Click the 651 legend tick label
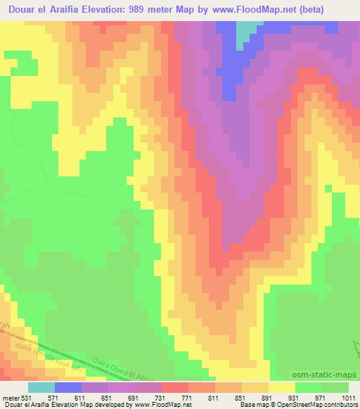tap(109, 397)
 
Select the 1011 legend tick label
tap(349, 397)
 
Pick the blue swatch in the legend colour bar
tap(67, 387)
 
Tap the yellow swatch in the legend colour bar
tap(281, 387)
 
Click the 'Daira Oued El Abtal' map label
tap(113, 358)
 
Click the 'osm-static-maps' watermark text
tap(324, 376)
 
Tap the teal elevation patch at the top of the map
tap(246, 31)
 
